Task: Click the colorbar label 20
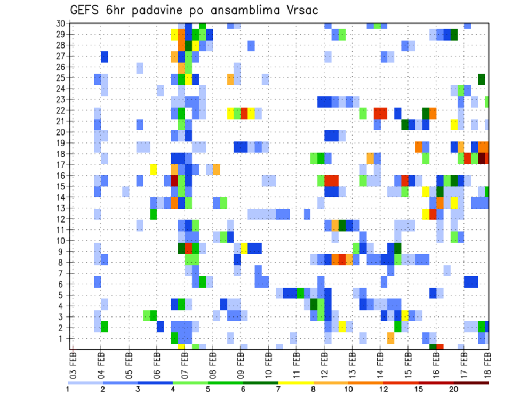click(454, 389)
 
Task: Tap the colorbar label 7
click(278, 389)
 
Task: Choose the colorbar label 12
click(383, 389)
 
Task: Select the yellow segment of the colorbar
click(295, 383)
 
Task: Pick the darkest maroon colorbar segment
click(471, 383)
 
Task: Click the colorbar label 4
click(173, 389)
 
